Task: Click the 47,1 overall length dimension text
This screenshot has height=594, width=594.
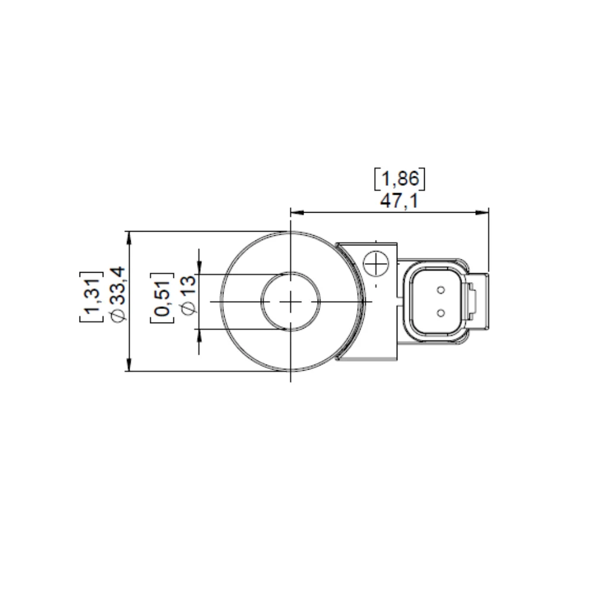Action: (399, 201)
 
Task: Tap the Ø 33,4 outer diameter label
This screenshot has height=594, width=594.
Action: (118, 295)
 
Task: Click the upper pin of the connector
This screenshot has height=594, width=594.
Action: (441, 290)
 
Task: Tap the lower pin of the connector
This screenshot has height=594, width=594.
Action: (441, 312)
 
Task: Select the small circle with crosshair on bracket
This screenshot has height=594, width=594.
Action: (375, 263)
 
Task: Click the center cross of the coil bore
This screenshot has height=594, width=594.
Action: (290, 302)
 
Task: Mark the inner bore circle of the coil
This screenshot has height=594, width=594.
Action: (263, 302)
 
